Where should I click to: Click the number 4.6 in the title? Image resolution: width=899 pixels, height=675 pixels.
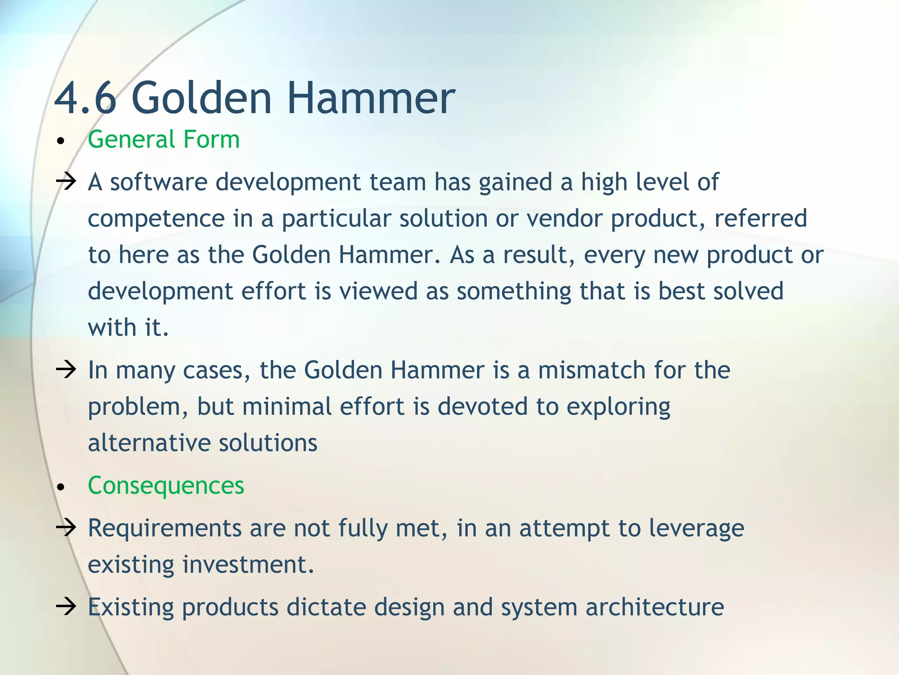pyautogui.click(x=86, y=98)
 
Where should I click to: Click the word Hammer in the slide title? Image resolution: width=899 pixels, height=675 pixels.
pyautogui.click(x=371, y=98)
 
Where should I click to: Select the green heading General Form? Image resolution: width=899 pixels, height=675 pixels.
pyautogui.click(x=164, y=140)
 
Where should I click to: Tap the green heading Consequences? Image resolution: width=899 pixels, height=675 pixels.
pyautogui.click(x=166, y=486)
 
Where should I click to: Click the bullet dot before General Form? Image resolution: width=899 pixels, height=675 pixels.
pyautogui.click(x=61, y=142)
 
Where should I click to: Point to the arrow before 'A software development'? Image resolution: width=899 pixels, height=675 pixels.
pyautogui.click(x=66, y=181)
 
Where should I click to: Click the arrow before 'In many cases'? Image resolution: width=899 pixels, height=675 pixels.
pyautogui.click(x=66, y=370)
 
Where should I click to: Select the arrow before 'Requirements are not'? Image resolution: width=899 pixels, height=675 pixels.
pyautogui.click(x=66, y=527)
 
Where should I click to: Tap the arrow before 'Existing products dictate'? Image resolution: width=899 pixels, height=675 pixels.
pyautogui.click(x=66, y=607)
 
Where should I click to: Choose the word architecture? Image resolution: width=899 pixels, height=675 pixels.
pyautogui.click(x=654, y=608)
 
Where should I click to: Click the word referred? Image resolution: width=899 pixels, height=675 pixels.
pyautogui.click(x=760, y=218)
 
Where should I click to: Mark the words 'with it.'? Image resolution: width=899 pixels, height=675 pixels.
pyautogui.click(x=128, y=328)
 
